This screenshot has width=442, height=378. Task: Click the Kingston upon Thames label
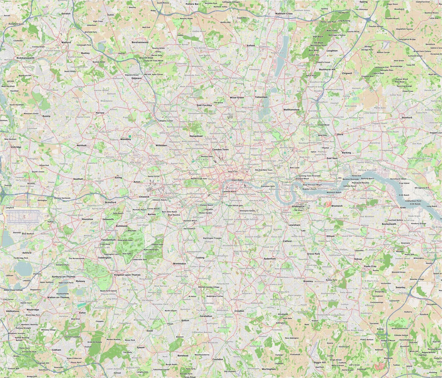click(127, 275)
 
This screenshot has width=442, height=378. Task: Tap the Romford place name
click(407, 118)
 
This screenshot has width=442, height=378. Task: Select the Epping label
click(363, 2)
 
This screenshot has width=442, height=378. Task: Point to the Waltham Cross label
click(284, 13)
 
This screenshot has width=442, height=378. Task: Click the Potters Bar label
click(192, 4)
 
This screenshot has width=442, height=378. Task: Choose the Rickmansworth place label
click(25, 58)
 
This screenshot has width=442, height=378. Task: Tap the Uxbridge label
click(16, 147)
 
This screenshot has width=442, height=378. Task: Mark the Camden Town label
click(220, 150)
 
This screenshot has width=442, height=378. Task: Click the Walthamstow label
click(291, 110)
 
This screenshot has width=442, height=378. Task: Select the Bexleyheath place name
click(389, 224)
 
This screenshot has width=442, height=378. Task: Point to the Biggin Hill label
click(320, 362)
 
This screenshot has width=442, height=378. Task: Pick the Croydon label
click(239, 311)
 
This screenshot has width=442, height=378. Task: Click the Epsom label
click(140, 347)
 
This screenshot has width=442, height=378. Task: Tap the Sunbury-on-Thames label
click(64, 277)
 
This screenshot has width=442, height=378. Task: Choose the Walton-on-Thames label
click(58, 297)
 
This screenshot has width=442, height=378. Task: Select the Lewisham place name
click(294, 225)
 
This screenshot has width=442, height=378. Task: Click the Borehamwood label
click(140, 42)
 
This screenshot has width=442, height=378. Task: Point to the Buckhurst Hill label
click(327, 69)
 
